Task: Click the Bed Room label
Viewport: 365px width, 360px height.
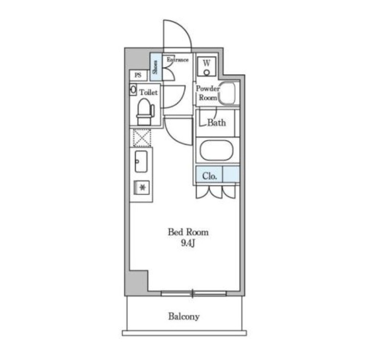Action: (x=188, y=232)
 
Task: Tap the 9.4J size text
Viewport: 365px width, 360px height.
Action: (x=188, y=243)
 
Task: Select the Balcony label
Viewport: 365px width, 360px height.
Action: (x=184, y=316)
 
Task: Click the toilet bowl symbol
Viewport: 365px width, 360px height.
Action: (x=145, y=112)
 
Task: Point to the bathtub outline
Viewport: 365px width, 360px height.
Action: (x=216, y=150)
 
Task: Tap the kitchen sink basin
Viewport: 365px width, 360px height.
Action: (x=141, y=162)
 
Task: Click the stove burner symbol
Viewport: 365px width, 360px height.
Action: (x=141, y=187)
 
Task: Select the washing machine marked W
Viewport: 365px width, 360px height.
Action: (x=207, y=66)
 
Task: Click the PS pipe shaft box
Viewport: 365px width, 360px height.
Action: (x=138, y=75)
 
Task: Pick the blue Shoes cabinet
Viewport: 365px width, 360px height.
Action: (x=156, y=67)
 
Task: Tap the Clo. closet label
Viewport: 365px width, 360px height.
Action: (x=210, y=176)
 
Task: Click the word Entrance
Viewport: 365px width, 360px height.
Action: (x=177, y=60)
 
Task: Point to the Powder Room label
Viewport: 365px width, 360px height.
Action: (x=208, y=93)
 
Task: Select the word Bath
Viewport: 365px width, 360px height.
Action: (x=216, y=123)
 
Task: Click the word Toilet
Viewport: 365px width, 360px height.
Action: (x=149, y=92)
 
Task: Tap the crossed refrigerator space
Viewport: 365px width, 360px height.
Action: (x=142, y=138)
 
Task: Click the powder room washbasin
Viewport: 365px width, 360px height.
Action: (x=227, y=93)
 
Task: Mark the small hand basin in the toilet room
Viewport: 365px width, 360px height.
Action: (x=133, y=90)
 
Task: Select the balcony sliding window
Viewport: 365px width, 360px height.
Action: (x=193, y=294)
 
